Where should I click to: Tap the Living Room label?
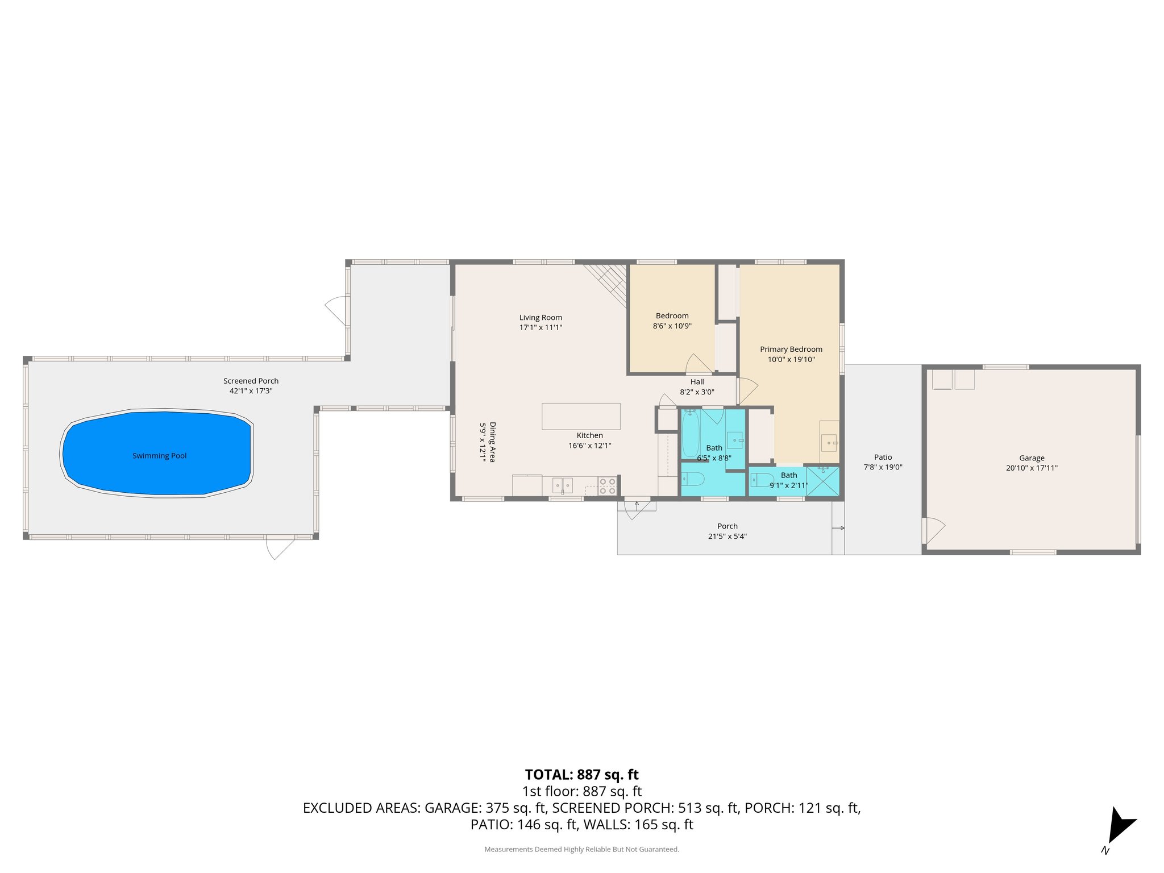tap(541, 318)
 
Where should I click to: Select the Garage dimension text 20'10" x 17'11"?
tap(1032, 468)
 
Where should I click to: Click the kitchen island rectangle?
tap(580, 416)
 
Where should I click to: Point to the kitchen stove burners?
tap(607, 486)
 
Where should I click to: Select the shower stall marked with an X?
tap(822, 481)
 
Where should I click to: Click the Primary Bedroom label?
tap(791, 349)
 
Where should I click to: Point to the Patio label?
tap(883, 457)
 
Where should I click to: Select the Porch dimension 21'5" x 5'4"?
tap(727, 536)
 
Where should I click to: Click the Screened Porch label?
tap(251, 381)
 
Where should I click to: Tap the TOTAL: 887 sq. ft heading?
tap(581, 775)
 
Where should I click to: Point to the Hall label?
tap(697, 382)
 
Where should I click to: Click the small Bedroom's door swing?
tap(699, 364)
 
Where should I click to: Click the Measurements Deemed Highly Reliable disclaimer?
tap(581, 849)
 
